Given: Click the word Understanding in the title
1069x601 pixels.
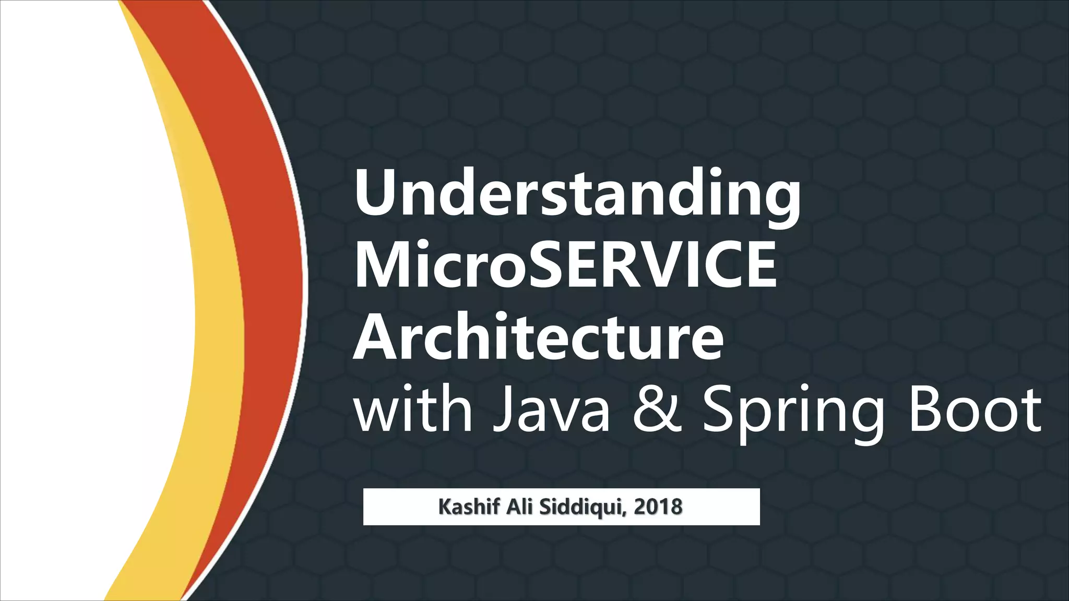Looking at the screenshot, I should pos(577,196).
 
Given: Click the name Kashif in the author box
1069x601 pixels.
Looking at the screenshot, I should pos(469,507).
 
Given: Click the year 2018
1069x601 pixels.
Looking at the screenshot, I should pos(658,507).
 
